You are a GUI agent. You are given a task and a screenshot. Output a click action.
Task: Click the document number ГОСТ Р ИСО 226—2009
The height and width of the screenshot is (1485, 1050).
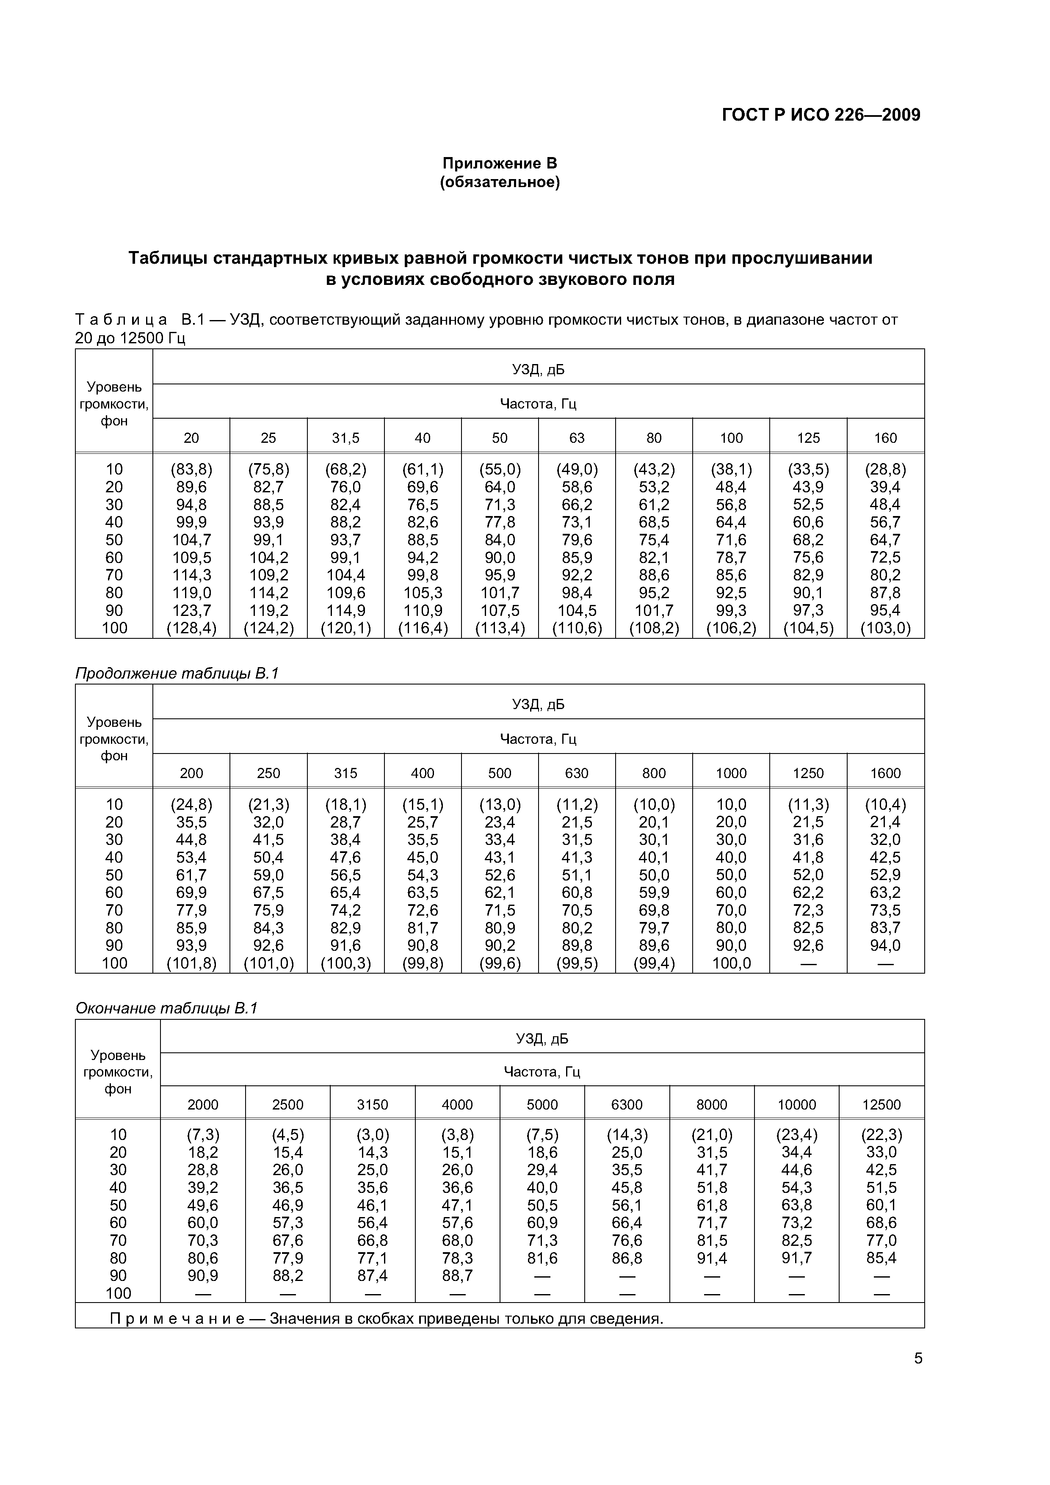tap(821, 115)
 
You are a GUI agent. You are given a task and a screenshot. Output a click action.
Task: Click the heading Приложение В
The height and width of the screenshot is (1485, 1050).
tap(500, 164)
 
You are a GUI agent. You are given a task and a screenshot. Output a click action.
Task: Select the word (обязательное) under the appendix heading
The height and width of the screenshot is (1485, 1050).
tap(500, 183)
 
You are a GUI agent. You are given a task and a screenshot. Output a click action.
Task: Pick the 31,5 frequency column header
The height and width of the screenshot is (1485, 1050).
tap(345, 438)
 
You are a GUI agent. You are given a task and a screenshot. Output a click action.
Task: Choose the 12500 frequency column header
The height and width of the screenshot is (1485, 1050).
tap(881, 1105)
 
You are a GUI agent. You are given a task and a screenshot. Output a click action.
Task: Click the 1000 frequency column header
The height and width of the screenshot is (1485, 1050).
tap(731, 773)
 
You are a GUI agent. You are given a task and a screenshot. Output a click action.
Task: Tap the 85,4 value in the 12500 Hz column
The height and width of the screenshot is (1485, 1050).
tap(881, 1258)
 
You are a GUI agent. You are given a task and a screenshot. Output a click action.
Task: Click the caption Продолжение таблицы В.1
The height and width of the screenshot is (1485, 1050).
tap(177, 673)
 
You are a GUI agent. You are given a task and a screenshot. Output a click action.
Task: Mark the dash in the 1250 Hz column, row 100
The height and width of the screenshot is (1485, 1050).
tap(808, 964)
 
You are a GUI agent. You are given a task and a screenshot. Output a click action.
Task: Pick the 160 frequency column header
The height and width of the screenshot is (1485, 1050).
tap(885, 438)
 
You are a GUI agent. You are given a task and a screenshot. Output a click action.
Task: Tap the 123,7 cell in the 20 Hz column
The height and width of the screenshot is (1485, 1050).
tap(191, 610)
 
